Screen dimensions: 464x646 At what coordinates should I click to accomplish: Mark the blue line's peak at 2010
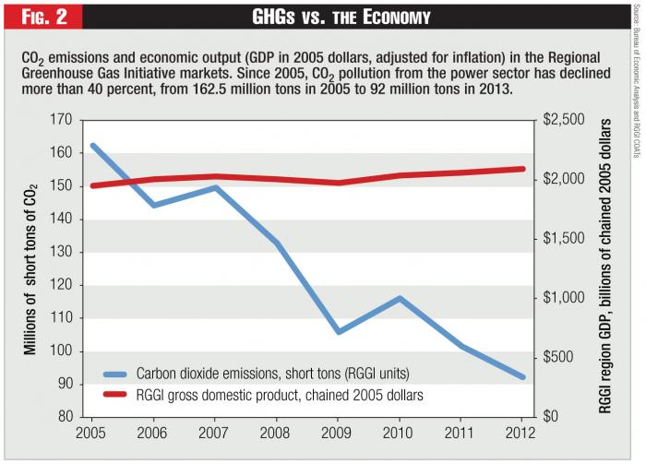[398, 298]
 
